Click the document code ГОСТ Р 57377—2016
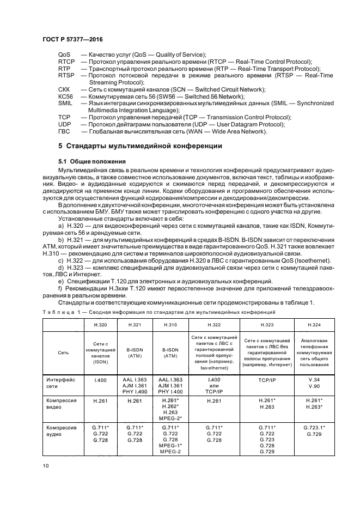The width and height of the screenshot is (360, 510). (72, 40)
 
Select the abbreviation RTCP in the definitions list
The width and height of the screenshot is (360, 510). (66, 62)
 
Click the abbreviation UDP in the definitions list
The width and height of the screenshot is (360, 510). (65, 124)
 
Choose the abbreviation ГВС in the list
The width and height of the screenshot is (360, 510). (65, 131)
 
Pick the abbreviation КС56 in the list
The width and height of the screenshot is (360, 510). (65, 96)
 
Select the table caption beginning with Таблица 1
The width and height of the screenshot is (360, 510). (159, 312)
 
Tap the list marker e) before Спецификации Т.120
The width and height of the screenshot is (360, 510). (59, 281)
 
